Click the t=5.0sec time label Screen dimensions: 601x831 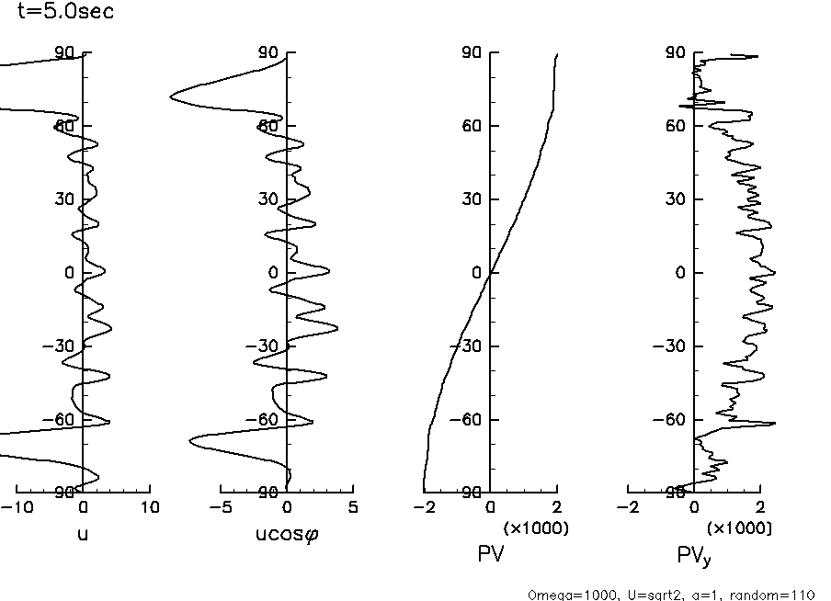(x=66, y=13)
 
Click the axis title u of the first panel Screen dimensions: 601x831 (x=83, y=532)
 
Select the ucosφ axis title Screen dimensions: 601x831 (x=287, y=533)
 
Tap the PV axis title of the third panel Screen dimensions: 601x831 (x=490, y=553)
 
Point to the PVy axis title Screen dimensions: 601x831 (x=695, y=555)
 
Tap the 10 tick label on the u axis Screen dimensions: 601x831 (x=149, y=507)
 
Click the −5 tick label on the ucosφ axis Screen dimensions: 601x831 (x=219, y=507)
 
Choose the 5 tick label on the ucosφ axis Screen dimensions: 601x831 (x=353, y=507)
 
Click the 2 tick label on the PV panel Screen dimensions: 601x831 (x=556, y=507)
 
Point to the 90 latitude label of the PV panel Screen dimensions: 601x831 (x=472, y=52)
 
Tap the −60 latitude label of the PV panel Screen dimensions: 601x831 (x=468, y=419)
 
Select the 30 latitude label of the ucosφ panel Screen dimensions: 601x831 (x=268, y=199)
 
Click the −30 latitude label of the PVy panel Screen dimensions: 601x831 (x=672, y=346)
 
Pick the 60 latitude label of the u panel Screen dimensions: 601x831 (x=63, y=126)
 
